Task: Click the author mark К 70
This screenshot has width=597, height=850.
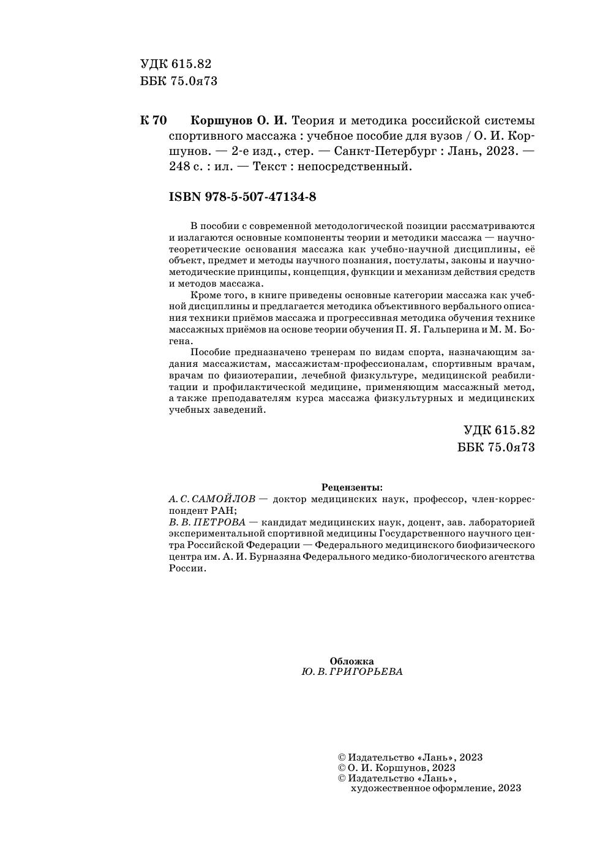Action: click(153, 120)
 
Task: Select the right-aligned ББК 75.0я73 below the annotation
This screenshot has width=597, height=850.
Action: click(496, 447)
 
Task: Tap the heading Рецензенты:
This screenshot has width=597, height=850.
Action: click(351, 487)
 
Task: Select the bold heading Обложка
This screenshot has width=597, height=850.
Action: click(351, 661)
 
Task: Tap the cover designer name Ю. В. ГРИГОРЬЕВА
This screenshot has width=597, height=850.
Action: click(352, 672)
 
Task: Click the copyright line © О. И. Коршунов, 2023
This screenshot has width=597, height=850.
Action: click(397, 767)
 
